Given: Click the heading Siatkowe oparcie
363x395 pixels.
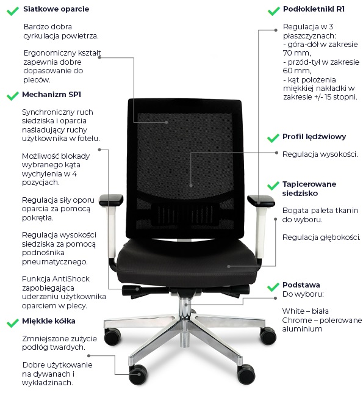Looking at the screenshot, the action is pos(56,9).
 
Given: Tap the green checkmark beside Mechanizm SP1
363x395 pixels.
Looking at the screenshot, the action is pos(13,96).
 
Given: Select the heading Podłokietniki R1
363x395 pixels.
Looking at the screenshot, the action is pos(314,9).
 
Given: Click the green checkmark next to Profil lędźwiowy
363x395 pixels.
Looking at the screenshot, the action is pos(273,138).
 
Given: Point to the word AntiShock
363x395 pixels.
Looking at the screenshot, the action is pos(71,279).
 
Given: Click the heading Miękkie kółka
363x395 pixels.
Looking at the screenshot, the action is pos(49,321).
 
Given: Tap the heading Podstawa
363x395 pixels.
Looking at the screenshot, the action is pos(301,285).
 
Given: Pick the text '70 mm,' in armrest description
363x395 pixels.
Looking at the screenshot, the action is pos(297,53).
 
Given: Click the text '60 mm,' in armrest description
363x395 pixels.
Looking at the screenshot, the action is pos(297,71).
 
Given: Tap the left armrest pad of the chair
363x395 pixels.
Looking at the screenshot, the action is pos(111,200).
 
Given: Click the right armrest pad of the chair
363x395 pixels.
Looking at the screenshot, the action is pos(261,200).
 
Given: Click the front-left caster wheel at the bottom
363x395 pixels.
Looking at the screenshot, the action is pos(138,375).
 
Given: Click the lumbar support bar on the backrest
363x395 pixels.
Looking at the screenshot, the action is pos(185,214).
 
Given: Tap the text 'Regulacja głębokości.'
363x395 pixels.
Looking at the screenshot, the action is pos(322,237).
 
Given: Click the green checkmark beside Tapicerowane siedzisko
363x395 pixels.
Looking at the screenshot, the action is pos(273,186).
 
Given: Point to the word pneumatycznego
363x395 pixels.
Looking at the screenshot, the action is pos(55,262).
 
